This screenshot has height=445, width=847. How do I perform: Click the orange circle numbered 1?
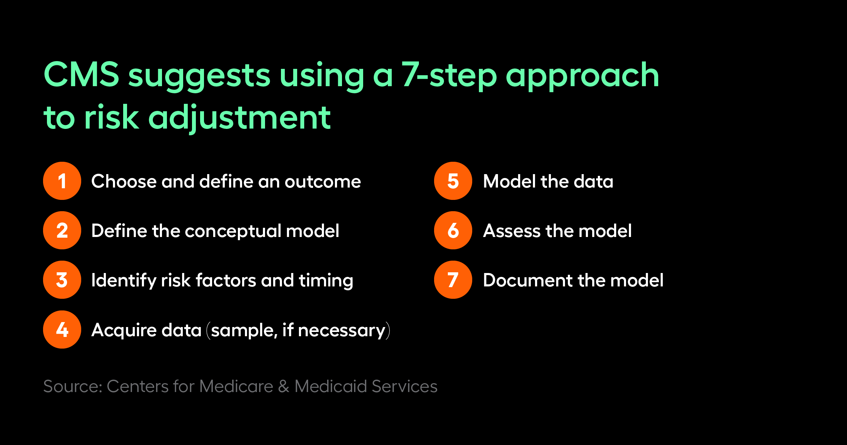62,181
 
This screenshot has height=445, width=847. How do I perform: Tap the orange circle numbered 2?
62,230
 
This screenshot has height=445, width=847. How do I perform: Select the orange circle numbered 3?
62,280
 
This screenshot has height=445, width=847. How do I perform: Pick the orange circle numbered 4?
62,330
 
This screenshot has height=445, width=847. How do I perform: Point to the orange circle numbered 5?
453,181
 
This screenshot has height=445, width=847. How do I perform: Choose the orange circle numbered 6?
453,230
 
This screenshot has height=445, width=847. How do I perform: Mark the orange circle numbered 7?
453,280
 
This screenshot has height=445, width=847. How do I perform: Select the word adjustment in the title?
240,118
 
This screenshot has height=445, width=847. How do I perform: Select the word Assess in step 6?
512,231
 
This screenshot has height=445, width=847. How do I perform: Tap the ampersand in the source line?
284,386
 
